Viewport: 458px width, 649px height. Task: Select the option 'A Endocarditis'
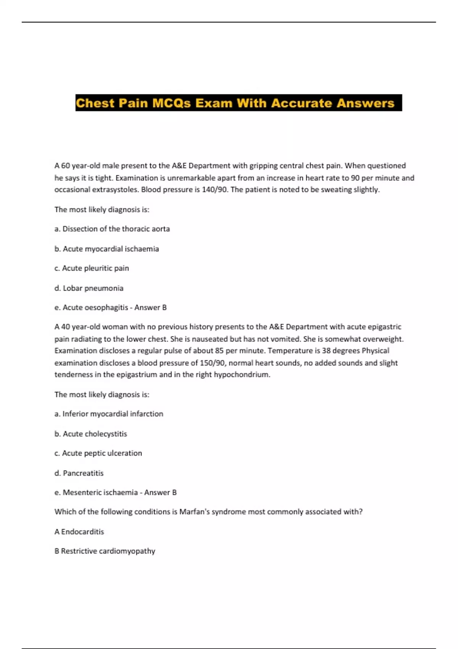79,531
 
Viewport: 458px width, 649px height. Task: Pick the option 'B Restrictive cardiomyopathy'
105,551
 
